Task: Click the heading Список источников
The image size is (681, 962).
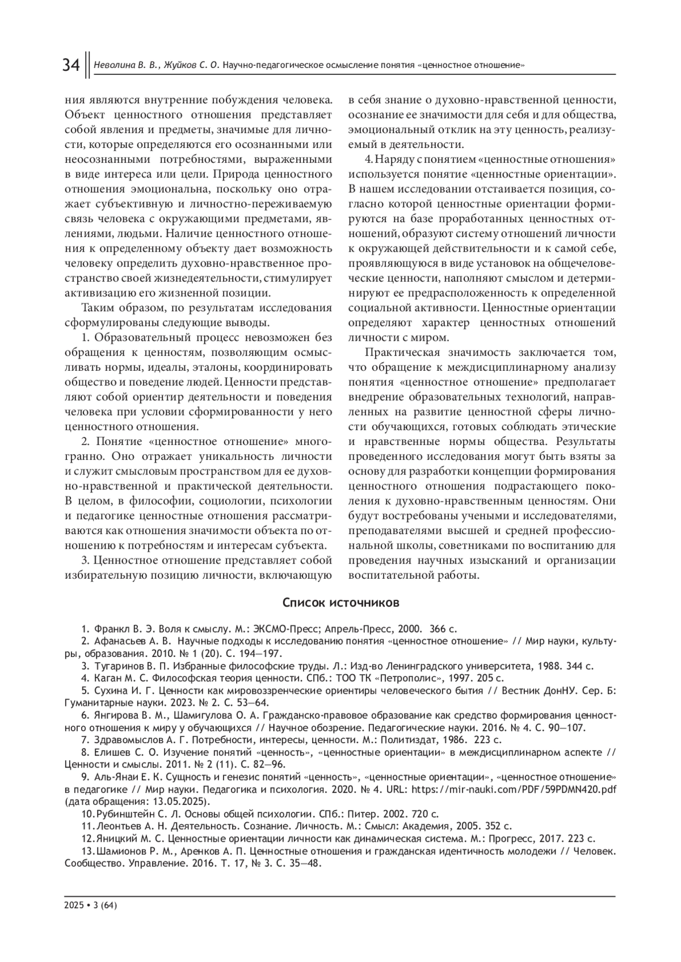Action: [340, 603]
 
